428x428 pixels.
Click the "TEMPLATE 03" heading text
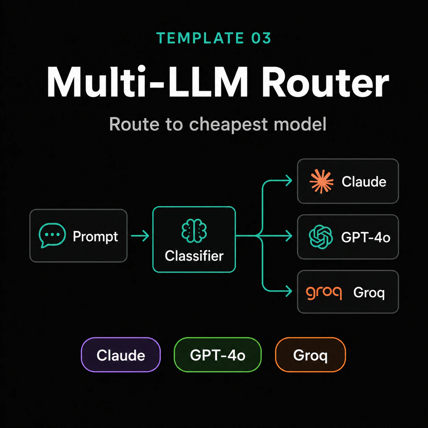214,38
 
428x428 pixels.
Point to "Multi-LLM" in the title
147,82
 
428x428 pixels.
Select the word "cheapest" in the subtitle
229,125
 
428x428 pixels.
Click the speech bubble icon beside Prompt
52,235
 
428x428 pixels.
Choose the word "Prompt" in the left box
95,237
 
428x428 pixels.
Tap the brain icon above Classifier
194,231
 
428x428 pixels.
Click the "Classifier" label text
194,256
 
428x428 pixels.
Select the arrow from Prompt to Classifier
140,236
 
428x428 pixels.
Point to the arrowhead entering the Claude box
289,180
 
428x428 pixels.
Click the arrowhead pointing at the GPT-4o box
289,236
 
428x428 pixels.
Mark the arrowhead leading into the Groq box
289,291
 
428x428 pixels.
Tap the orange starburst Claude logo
322,182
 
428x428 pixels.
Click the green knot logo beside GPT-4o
321,237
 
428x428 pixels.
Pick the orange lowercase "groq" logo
324,293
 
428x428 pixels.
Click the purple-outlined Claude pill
121,355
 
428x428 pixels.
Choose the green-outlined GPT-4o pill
218,355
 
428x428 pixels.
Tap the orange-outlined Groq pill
311,355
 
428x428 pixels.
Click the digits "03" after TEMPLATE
261,38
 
